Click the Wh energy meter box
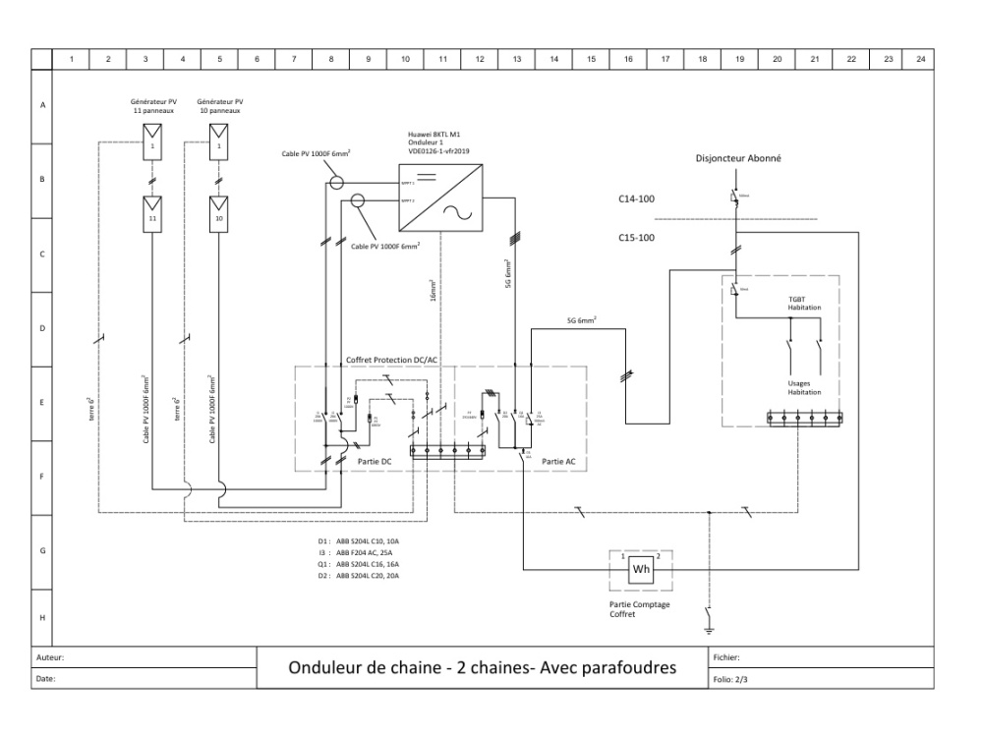[x=640, y=569]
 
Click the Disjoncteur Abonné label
[x=737, y=157]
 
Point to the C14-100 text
[x=636, y=199]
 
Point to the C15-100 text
[x=636, y=237]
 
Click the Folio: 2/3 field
[x=728, y=678]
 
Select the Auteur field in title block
[x=51, y=657]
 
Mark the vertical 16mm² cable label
[x=433, y=293]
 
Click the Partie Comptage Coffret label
[x=639, y=609]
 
